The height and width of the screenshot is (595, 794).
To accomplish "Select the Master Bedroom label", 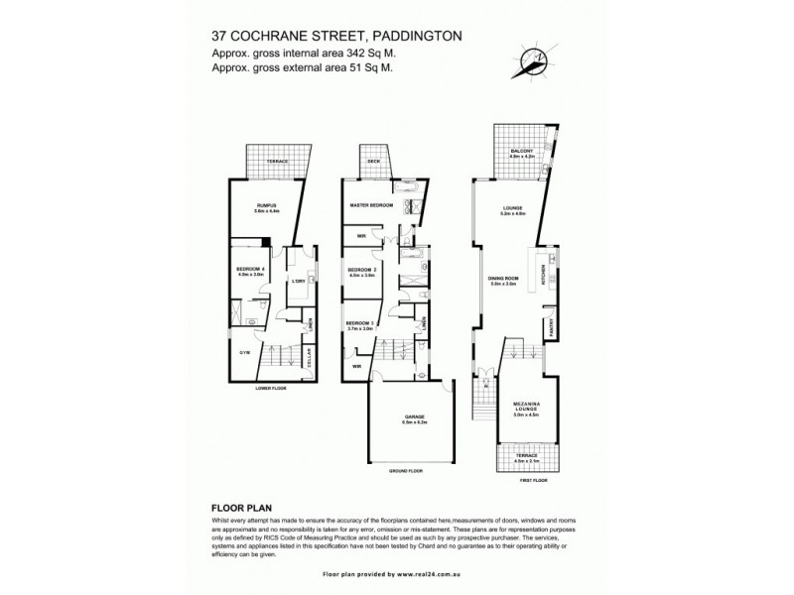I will pyautogui.click(x=371, y=205).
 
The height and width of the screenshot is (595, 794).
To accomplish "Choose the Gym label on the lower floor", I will pyautogui.click(x=244, y=352).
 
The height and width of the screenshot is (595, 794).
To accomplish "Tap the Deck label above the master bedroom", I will pyautogui.click(x=374, y=161).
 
